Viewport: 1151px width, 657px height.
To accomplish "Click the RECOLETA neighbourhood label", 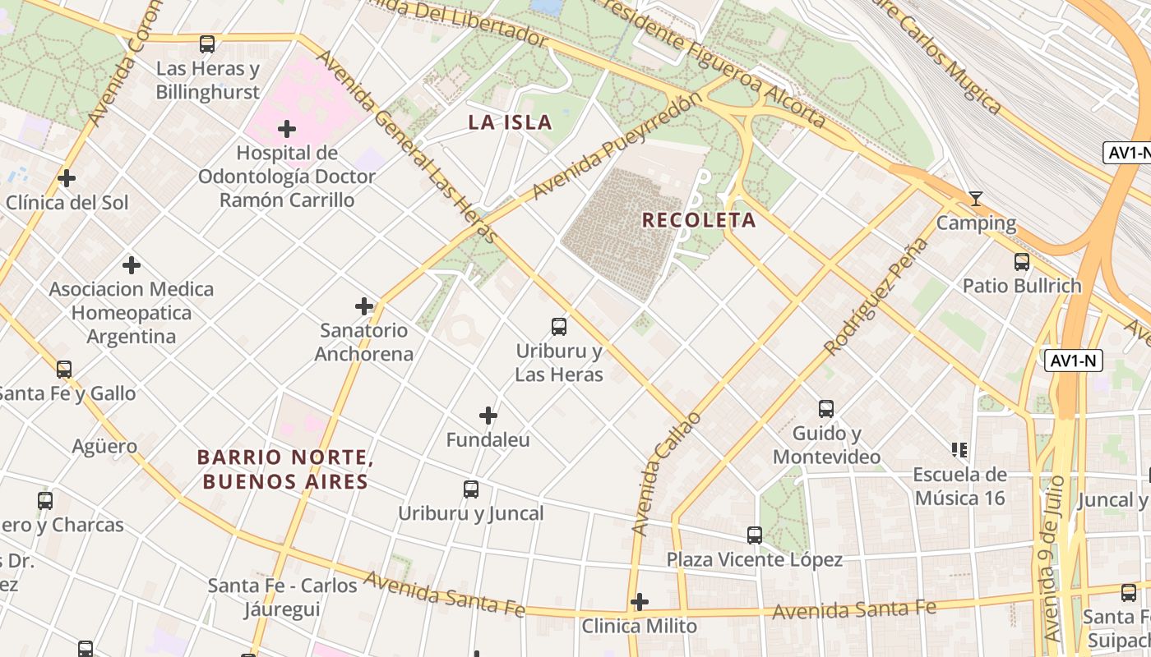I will click(x=698, y=220).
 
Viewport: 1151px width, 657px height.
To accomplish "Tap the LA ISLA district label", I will click(x=510, y=123).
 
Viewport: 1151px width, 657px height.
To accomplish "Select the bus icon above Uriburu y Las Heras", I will click(x=559, y=327).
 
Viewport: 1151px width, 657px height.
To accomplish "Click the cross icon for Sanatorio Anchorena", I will click(x=364, y=306).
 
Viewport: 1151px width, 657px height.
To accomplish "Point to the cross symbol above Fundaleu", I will click(x=488, y=416).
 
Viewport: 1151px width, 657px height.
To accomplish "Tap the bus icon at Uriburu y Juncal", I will click(x=471, y=489).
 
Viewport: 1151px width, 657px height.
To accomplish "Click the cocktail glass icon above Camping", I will click(x=976, y=199).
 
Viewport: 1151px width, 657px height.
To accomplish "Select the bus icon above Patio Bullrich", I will click(x=1022, y=262).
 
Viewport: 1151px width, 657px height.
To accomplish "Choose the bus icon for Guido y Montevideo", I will click(x=826, y=408).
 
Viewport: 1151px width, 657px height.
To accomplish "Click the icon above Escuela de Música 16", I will click(x=959, y=450).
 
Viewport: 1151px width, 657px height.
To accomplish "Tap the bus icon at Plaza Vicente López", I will click(x=755, y=535).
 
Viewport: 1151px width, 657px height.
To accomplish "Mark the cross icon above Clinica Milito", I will click(x=640, y=602).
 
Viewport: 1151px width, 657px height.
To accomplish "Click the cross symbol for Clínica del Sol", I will click(x=67, y=178).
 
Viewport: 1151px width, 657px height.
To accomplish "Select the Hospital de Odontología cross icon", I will click(x=287, y=129).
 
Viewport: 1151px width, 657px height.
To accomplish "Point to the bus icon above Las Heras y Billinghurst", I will click(x=207, y=44).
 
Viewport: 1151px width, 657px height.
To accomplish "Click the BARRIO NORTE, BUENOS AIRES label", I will click(x=285, y=470).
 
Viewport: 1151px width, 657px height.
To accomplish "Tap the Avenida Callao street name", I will click(x=667, y=474).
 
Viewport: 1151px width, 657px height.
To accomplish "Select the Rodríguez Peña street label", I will click(x=876, y=296).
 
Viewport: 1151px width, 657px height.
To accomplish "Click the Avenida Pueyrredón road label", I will click(x=617, y=146).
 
